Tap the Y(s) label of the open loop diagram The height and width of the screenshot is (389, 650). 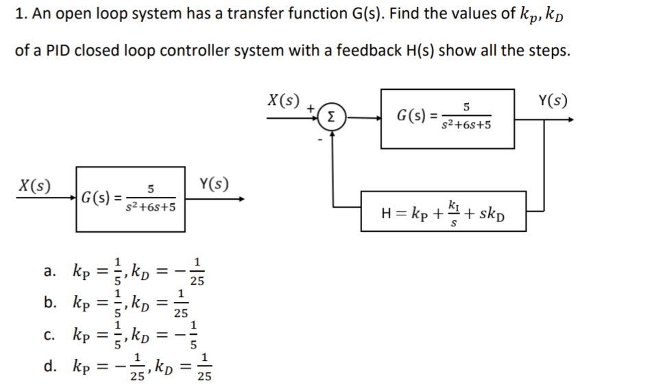click(x=213, y=184)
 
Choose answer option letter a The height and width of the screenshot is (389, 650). click(x=49, y=271)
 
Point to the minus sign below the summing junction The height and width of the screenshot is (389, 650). click(x=319, y=141)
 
